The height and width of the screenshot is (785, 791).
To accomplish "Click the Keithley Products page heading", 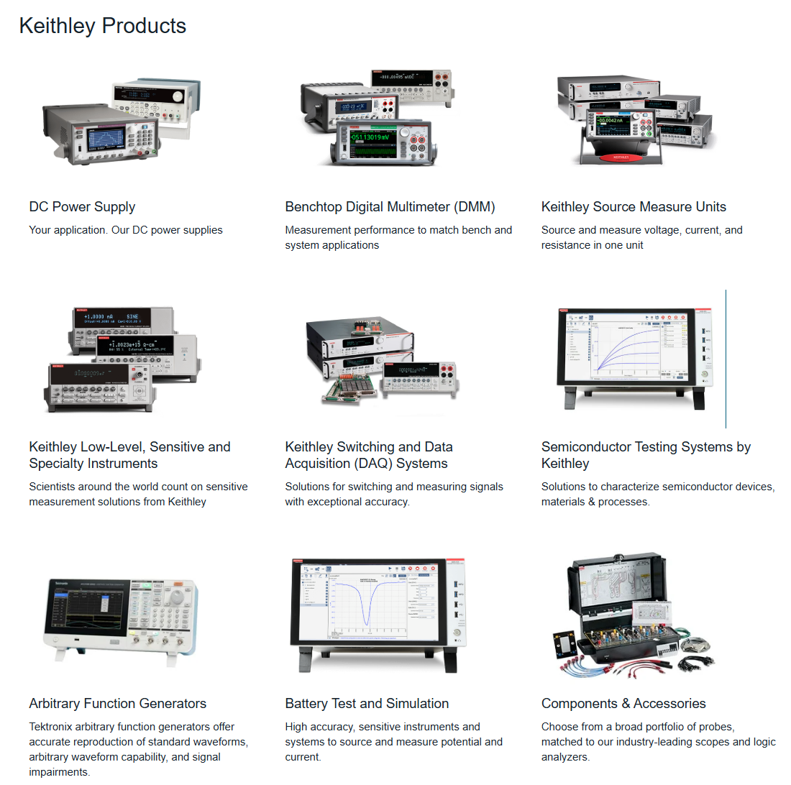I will click(102, 26).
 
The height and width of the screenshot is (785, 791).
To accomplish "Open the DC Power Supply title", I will click(82, 207).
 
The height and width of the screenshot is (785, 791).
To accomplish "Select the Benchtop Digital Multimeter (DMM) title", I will click(390, 207).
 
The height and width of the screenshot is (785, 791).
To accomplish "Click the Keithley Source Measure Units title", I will click(634, 207).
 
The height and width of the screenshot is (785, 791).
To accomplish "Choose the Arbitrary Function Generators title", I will click(117, 704).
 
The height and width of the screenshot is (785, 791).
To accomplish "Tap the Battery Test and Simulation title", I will click(367, 704).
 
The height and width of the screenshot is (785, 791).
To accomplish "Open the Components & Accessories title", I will click(623, 704).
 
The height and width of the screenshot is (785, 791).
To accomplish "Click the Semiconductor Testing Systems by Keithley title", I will click(645, 455).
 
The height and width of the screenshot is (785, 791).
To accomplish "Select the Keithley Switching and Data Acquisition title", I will click(368, 455).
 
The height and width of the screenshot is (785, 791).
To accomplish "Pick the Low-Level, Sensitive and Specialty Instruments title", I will click(129, 455).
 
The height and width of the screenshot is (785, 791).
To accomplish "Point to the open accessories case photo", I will click(629, 615).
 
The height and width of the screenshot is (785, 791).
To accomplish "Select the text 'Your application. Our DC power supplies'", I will click(126, 230).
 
